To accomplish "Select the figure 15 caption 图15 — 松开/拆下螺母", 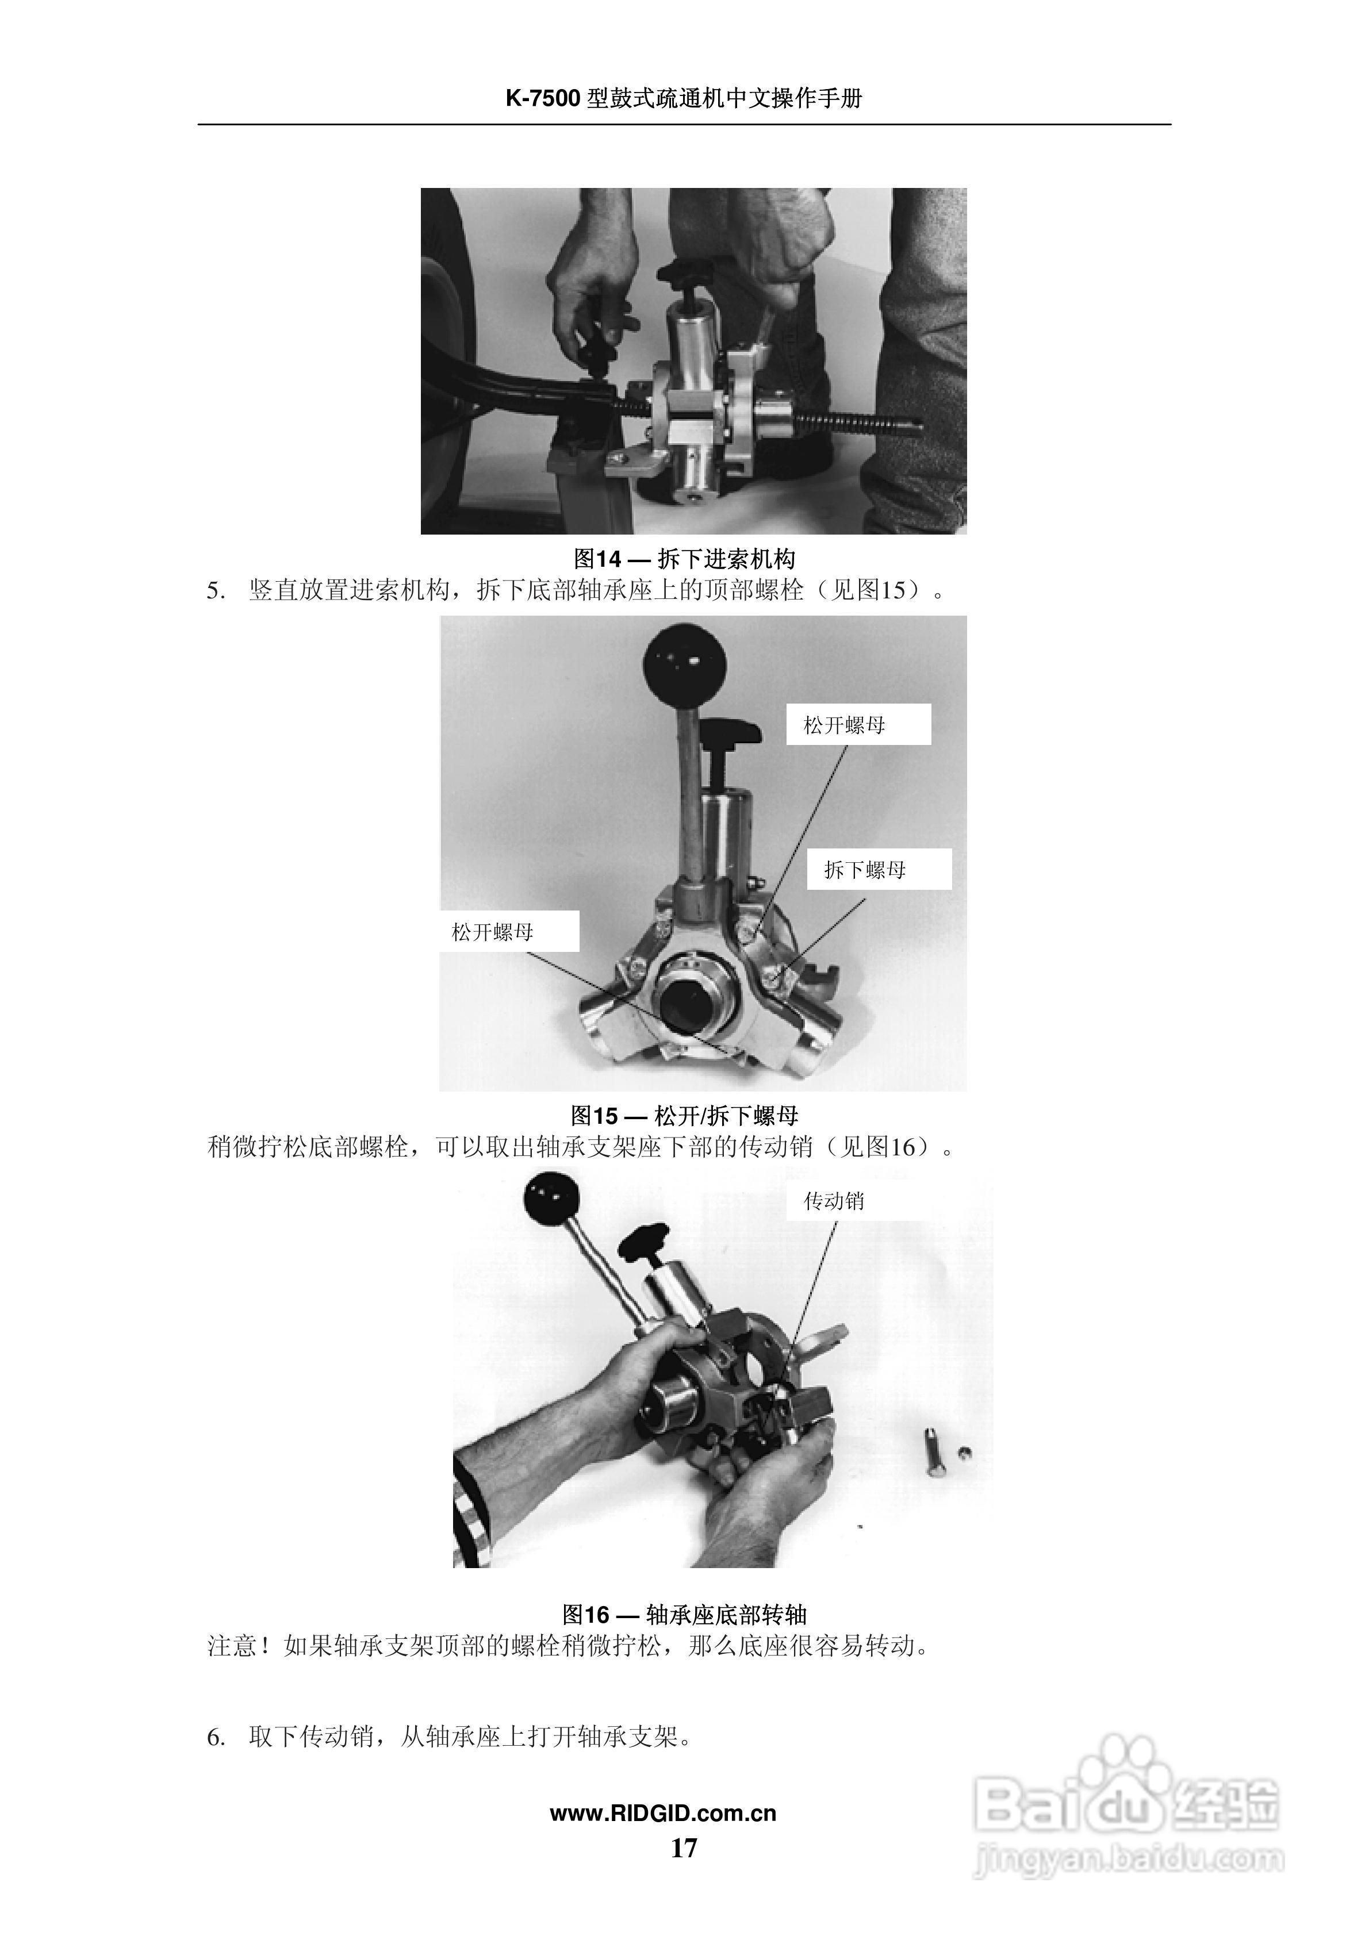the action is coord(684,1116).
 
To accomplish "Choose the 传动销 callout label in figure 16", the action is coord(834,1201).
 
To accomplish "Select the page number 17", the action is coord(684,1848).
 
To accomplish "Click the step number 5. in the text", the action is coord(216,591).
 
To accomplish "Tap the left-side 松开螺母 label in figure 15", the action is coord(493,932).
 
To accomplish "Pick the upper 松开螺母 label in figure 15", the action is coord(845,725).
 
